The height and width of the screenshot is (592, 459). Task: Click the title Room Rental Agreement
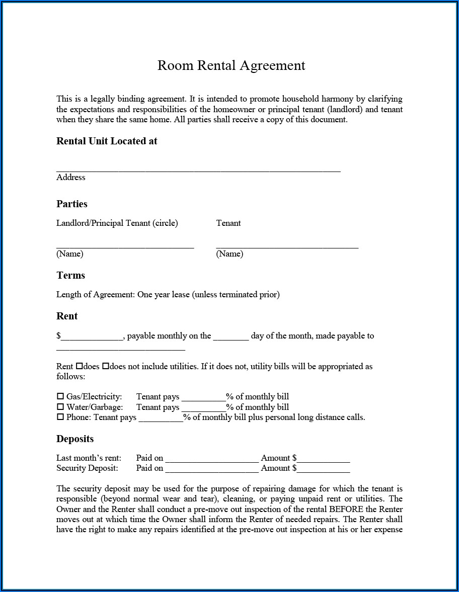[x=231, y=65]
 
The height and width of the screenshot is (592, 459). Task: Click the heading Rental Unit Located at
[x=107, y=141]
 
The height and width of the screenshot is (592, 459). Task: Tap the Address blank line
[x=198, y=170]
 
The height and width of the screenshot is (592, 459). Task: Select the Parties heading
[x=72, y=204]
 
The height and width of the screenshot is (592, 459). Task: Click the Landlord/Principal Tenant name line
[x=125, y=245]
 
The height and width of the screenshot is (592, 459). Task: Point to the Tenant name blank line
[x=287, y=245]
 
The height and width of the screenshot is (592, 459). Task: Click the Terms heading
[x=70, y=275]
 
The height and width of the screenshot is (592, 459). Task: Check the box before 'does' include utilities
[x=79, y=366]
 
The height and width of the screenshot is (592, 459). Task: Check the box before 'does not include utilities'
[x=106, y=366]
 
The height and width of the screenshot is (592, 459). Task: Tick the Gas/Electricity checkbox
[x=60, y=396]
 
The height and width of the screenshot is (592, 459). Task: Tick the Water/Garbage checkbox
[x=60, y=407]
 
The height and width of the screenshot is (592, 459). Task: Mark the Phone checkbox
[x=60, y=417]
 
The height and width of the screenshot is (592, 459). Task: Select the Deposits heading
[x=75, y=439]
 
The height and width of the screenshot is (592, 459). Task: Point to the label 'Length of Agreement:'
[x=96, y=295]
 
